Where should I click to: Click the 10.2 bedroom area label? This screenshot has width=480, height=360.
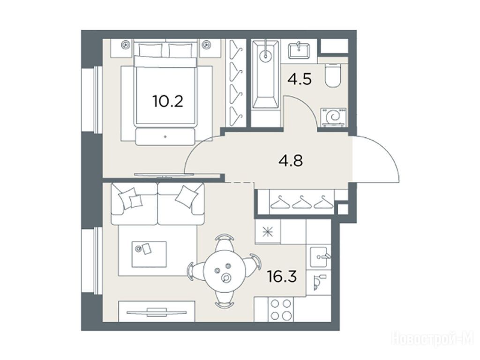tap(168, 101)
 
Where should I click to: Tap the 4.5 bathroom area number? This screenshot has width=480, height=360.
tap(300, 79)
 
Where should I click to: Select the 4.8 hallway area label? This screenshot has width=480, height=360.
tap(291, 160)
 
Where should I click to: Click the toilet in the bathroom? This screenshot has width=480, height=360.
tap(333, 75)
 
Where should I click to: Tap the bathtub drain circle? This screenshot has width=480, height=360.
tap(265, 56)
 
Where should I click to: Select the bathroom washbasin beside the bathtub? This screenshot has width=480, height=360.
tap(299, 51)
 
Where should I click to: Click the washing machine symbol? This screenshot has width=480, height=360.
tap(333, 117)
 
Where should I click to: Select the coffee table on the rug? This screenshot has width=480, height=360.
tap(149, 254)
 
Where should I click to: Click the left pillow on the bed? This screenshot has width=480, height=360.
tap(150, 50)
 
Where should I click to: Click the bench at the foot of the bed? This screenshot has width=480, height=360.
tap(165, 136)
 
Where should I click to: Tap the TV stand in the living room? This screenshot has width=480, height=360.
tap(157, 311)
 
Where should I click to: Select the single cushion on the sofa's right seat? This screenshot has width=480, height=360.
tap(186, 196)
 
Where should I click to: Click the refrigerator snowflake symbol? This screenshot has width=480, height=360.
tap(267, 232)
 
